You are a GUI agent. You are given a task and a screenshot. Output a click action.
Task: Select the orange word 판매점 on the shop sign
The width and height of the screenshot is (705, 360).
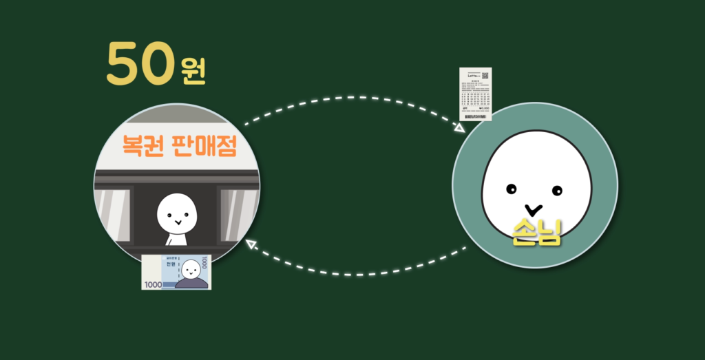tap(202, 146)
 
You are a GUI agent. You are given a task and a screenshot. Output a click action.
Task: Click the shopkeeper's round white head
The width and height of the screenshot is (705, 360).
tap(177, 213)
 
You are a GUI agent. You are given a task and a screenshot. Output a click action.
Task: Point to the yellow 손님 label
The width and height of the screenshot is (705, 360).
tap(537, 234)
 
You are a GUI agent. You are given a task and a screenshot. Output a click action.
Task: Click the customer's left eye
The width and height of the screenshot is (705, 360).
tap(511, 188)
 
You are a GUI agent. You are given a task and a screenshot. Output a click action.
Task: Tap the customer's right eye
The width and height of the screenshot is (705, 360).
tap(557, 190)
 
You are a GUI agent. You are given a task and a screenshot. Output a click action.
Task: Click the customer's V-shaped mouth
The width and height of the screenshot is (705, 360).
tap(533, 207)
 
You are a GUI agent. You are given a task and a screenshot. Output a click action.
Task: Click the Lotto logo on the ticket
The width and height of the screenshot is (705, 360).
tap(471, 77)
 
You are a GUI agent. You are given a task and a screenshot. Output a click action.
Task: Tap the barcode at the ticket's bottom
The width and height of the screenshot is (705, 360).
tap(471, 117)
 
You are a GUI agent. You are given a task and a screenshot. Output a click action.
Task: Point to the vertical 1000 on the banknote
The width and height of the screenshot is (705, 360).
tap(204, 263)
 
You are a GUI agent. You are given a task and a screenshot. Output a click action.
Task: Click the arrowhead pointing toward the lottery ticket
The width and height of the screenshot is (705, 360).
tap(459, 128)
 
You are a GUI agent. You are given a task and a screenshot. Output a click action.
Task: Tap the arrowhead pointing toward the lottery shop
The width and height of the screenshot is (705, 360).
tap(252, 242)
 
